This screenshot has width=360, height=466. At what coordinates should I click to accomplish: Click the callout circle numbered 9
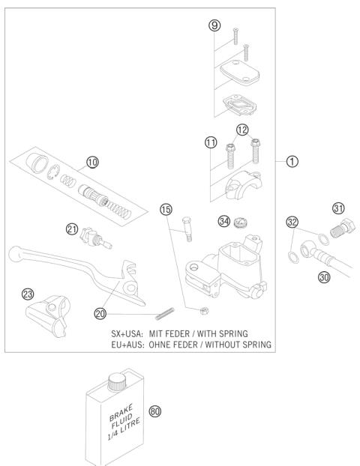click(x=214, y=25)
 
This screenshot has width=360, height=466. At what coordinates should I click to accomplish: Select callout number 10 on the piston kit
click(x=91, y=161)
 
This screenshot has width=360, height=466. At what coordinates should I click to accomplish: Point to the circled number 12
click(x=242, y=131)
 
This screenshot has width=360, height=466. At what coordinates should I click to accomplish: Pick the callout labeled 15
click(x=166, y=209)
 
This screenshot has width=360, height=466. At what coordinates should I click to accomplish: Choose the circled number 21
click(x=72, y=229)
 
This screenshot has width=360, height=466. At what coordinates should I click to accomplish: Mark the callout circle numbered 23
click(x=28, y=294)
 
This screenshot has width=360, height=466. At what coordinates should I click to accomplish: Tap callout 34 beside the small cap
click(x=223, y=220)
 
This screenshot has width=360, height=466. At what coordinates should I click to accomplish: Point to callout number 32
click(x=292, y=223)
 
